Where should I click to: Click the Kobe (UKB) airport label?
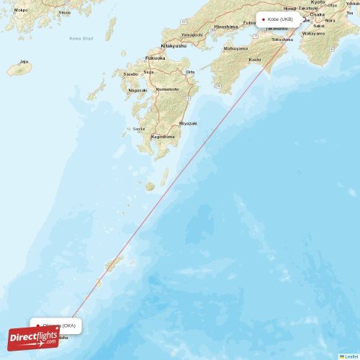tap(281, 19)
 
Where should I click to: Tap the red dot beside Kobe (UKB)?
tap(264, 19)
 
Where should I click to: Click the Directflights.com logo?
tap(34, 338)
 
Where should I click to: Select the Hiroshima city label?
tap(225, 27)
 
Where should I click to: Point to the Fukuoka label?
tap(155, 58)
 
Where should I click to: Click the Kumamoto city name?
tap(167, 89)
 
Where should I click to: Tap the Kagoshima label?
tap(162, 136)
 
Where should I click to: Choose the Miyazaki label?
tap(188, 123)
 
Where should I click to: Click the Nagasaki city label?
tap(138, 90)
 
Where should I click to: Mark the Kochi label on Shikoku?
tap(255, 59)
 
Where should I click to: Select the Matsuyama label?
tap(235, 48)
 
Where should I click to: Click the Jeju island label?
tap(24, 62)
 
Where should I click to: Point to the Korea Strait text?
tap(81, 38)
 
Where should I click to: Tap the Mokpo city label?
tap(22, 10)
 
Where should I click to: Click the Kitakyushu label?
tap(172, 45)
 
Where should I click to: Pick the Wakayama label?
tap(312, 33)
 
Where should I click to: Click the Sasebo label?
tap(130, 74)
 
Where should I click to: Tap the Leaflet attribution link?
tap(350, 356)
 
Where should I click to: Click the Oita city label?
tap(190, 72)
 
